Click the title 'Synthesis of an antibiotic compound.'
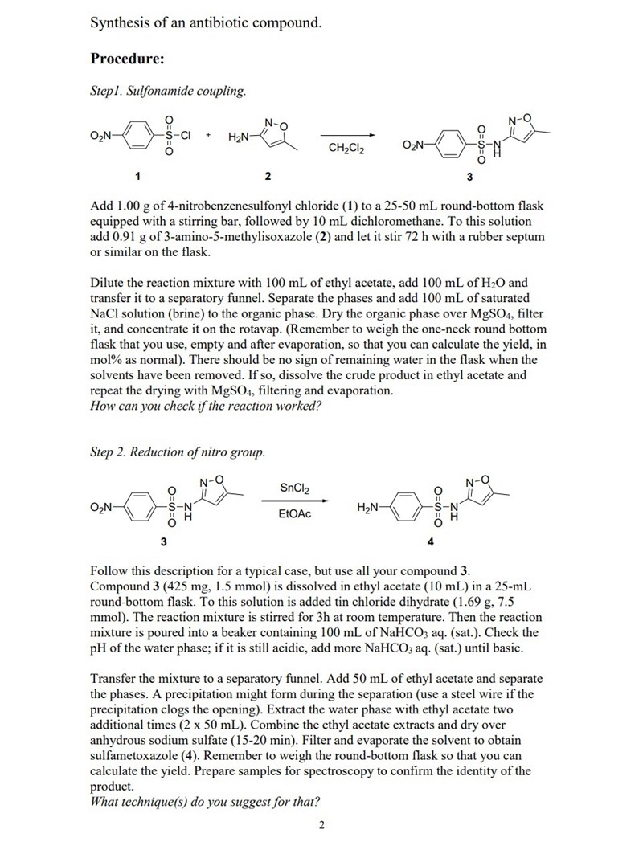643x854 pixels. (x=206, y=22)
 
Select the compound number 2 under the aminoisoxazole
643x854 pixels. (x=268, y=175)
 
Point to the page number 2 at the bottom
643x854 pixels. (x=321, y=824)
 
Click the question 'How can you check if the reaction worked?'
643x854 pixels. (x=206, y=406)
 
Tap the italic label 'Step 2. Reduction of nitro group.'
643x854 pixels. (x=177, y=452)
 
